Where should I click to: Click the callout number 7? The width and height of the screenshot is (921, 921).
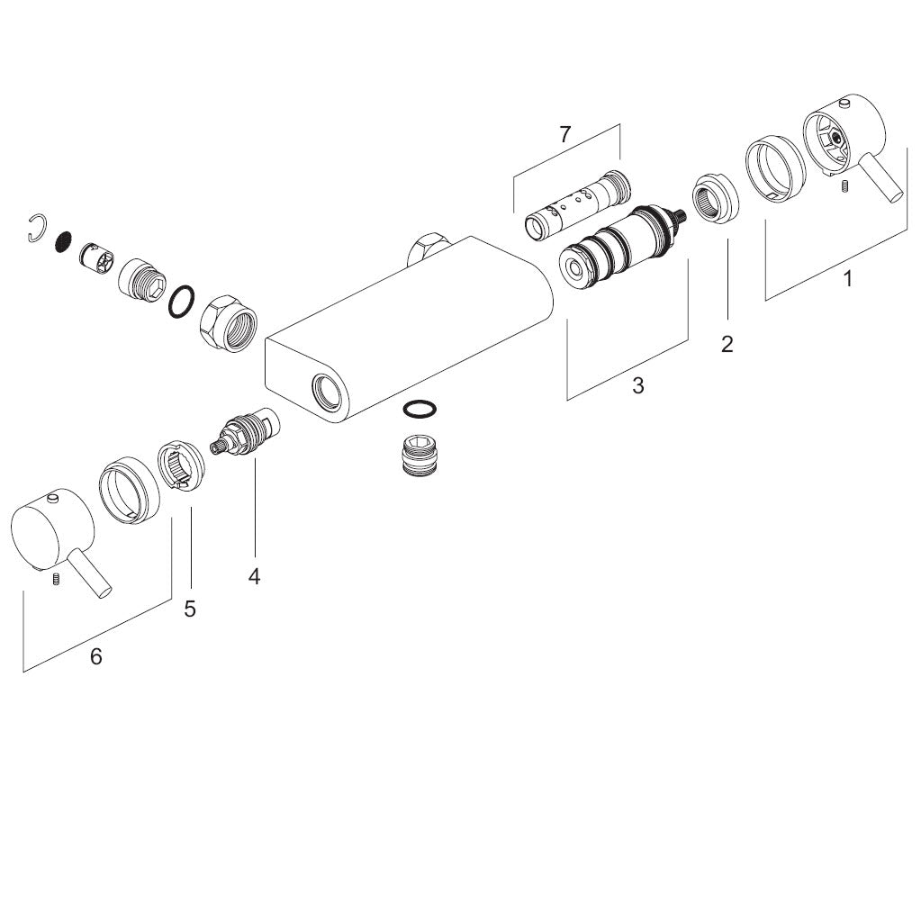click(x=564, y=135)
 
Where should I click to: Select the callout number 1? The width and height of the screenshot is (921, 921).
click(x=847, y=279)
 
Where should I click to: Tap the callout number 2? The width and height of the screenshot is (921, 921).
click(x=727, y=344)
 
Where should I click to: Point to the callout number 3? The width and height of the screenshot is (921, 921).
click(x=638, y=386)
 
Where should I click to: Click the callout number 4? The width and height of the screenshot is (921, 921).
click(x=254, y=577)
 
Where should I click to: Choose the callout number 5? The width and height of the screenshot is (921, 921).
click(x=189, y=609)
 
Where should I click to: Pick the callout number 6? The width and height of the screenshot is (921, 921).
click(x=95, y=656)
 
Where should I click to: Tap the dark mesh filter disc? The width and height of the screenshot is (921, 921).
click(x=63, y=240)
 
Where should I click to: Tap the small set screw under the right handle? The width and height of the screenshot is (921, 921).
click(x=844, y=186)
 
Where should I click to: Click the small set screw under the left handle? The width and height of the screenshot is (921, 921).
click(x=57, y=579)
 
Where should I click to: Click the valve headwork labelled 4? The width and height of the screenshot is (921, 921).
click(x=245, y=432)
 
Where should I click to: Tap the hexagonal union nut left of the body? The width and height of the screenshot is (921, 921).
click(x=229, y=323)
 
